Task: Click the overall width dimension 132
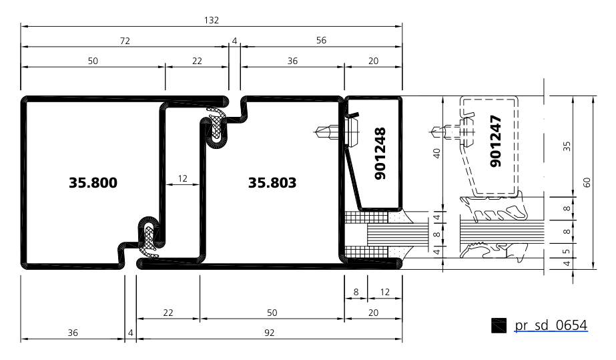[x=212, y=20]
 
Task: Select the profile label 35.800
[x=93, y=183]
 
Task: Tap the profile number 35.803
[x=272, y=183]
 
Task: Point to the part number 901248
[x=380, y=153]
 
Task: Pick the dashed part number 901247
[x=496, y=141]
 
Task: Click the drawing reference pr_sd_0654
[x=551, y=325]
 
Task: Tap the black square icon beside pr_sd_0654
[x=499, y=325]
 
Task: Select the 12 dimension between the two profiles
[x=183, y=178]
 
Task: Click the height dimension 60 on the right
[x=587, y=182]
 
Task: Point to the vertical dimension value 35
[x=567, y=146]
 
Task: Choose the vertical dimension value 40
[x=436, y=153]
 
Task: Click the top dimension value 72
[x=125, y=41]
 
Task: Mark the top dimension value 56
[x=321, y=40]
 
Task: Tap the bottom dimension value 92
[x=269, y=333]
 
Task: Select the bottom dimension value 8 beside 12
[x=356, y=292]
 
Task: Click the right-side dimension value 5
[x=567, y=251]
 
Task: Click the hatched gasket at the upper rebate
[x=216, y=122]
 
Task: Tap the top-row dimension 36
[x=292, y=61]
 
